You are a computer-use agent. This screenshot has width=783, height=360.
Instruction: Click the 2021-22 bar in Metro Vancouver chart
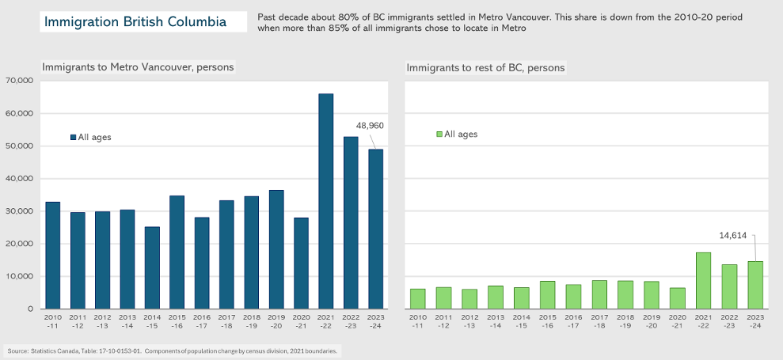pos(325,201)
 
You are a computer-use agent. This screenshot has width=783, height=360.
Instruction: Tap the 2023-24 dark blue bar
pos(375,229)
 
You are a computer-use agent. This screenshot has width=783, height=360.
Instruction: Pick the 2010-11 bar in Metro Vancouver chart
pos(52,255)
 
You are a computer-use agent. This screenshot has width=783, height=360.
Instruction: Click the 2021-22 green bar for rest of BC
pos(703,280)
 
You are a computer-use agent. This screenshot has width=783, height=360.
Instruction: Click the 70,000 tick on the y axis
pos(17,81)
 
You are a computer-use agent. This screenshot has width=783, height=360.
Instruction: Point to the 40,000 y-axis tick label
pos(17,179)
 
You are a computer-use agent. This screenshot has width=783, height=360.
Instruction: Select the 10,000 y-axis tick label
pos(17,276)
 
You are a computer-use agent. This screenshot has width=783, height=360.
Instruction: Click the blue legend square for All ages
pos(73,137)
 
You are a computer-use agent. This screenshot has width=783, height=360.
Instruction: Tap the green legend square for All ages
pos(440,135)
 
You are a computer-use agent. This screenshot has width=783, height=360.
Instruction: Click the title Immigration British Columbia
pos(135,21)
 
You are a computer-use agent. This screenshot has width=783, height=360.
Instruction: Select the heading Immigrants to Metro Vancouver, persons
pos(138,67)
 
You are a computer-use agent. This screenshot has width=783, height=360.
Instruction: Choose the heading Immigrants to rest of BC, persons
pos(485,67)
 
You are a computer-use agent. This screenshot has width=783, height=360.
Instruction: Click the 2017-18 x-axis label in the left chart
pos(226,320)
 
